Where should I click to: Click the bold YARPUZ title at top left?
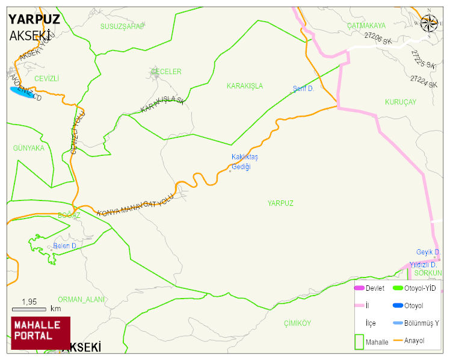[x=34, y=19]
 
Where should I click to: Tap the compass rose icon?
[x=429, y=23]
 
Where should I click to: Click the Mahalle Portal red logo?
[x=40, y=333]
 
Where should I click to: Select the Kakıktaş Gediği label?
[x=245, y=162]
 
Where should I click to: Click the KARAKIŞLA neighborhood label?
[x=244, y=86]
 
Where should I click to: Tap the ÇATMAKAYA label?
[x=366, y=26]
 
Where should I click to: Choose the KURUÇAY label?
[x=400, y=102]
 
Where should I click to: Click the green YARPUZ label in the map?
[x=280, y=203]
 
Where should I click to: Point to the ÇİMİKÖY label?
[x=297, y=323]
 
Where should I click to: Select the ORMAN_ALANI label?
[x=82, y=299]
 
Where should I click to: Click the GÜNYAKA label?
[x=28, y=148]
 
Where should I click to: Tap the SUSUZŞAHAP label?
[x=122, y=26]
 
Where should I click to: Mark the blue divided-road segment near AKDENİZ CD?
[x=21, y=92]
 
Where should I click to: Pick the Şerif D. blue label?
[x=303, y=89]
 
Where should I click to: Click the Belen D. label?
[x=65, y=246]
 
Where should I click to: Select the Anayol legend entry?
[x=414, y=341]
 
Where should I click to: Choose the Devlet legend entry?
[x=375, y=288]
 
